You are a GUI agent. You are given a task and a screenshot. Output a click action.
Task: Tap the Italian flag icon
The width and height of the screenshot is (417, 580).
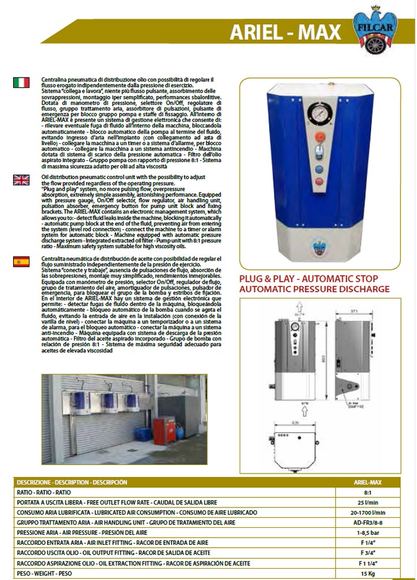pos(22,83)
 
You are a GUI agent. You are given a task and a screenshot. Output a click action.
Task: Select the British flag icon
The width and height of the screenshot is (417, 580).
pos(22,180)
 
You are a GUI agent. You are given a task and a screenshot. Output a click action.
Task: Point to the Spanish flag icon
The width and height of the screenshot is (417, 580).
pos(22,261)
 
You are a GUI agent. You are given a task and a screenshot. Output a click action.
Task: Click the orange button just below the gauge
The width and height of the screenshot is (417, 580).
pos(320,137)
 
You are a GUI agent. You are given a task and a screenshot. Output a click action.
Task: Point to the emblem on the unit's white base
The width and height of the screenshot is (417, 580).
pos(320,246)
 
